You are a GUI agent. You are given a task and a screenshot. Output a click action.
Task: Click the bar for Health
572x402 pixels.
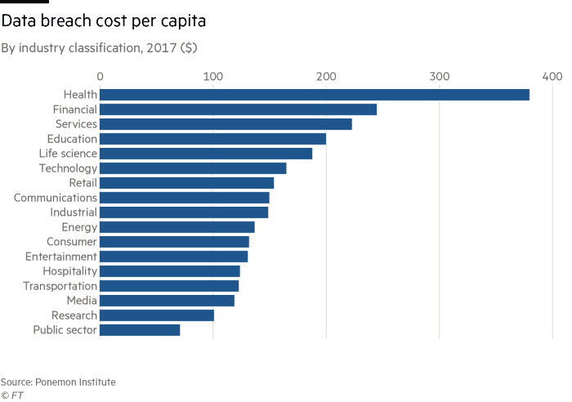click(315, 95)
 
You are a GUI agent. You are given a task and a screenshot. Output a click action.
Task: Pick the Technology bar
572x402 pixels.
click(193, 168)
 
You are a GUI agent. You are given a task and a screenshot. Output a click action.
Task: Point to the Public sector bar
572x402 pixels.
click(140, 330)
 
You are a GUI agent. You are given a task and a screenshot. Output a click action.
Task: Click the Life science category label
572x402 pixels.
click(68, 154)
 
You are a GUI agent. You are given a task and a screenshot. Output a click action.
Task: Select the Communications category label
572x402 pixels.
click(56, 198)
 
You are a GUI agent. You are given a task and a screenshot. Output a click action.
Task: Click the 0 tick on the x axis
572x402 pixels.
click(101, 76)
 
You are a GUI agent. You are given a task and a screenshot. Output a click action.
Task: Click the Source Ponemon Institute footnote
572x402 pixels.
click(57, 382)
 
